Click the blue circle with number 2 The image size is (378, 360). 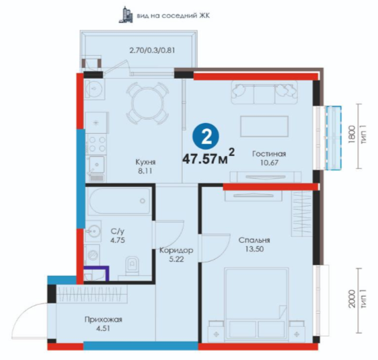206,137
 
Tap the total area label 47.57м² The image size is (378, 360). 209,157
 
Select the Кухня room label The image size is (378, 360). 145,162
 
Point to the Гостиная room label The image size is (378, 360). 269,154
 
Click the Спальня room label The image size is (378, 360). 254,240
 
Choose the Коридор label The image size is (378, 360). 176,250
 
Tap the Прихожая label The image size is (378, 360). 103,320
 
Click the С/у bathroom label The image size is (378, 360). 118,231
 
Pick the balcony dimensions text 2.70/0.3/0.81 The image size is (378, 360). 152,50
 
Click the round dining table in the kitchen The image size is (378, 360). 147,102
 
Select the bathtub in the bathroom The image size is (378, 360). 119,201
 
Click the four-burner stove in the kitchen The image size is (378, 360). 97,145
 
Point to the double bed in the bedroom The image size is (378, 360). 256,303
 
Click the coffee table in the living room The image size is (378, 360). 264,127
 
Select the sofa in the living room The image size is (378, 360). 264,93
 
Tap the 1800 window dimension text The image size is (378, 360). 352,135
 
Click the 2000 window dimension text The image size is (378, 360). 352,299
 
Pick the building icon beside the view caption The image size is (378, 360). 125,15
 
